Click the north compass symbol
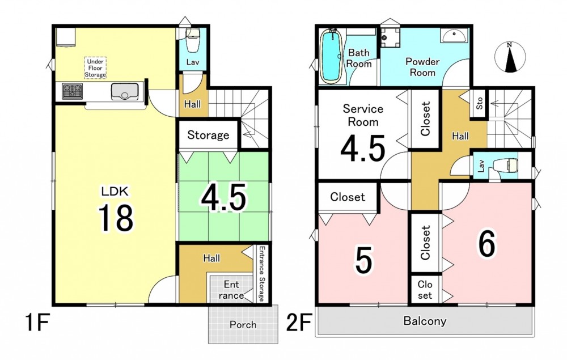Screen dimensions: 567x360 coord(510,57)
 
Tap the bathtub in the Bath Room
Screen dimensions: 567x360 coord(331,56)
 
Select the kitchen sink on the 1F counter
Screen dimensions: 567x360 coord(125,91)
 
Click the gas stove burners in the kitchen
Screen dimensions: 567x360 coord(72,91)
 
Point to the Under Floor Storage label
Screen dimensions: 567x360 coord(95,68)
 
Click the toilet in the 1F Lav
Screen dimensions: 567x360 coord(192,36)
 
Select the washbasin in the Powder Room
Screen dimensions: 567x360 coord(454,36)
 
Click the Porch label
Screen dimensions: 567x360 coord(243,325)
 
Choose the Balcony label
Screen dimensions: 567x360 coord(425,321)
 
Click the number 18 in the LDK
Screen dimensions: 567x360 coord(116,218)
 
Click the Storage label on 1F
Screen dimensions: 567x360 coord(208,135)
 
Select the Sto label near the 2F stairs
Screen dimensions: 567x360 coord(480,104)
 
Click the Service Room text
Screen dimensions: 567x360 coord(363,115)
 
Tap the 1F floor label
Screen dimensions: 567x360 coord(37,323)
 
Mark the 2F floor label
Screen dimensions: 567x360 coord(299,323)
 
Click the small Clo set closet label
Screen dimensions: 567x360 coord(425,290)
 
